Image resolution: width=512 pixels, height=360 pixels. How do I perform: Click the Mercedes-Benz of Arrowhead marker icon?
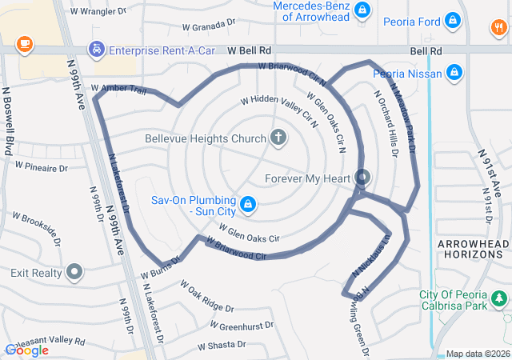(x=362, y=10)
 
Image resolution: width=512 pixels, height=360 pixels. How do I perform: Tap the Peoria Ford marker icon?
(x=454, y=19)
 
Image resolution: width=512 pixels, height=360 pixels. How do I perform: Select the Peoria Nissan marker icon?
(x=454, y=74)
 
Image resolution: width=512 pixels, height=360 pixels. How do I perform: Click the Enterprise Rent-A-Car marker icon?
(x=97, y=50)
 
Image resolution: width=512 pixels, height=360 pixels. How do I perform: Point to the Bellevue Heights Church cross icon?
(x=278, y=138)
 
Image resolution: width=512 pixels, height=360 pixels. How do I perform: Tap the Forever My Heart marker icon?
(x=362, y=178)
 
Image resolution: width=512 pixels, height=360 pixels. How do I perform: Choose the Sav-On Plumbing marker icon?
(x=248, y=205)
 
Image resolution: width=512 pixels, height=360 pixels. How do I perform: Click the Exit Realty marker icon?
(x=75, y=273)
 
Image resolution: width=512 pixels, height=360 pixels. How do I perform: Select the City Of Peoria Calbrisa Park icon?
(x=499, y=299)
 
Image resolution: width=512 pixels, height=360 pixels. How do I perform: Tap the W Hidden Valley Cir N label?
(x=279, y=112)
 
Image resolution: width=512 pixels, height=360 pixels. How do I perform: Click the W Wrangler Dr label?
(x=98, y=12)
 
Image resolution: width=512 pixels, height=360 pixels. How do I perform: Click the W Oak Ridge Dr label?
(x=206, y=296)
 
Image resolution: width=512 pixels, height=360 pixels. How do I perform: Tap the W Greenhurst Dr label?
(x=242, y=326)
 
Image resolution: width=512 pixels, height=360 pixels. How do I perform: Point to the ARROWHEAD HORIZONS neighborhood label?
(x=474, y=248)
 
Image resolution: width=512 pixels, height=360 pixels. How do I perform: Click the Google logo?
(x=26, y=350)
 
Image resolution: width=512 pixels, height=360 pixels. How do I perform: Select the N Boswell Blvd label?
(x=10, y=121)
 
